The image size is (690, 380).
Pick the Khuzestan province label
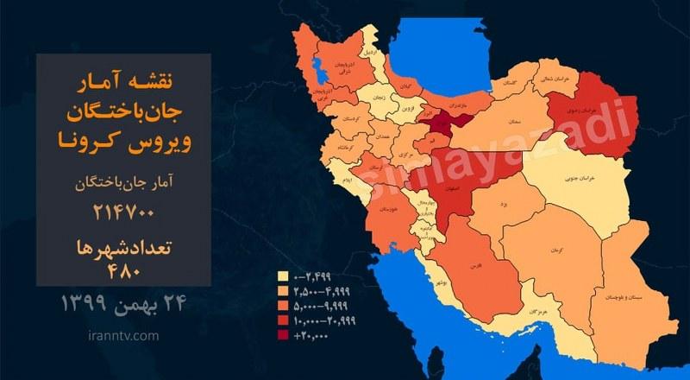387,210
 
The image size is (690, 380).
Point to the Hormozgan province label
536,308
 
